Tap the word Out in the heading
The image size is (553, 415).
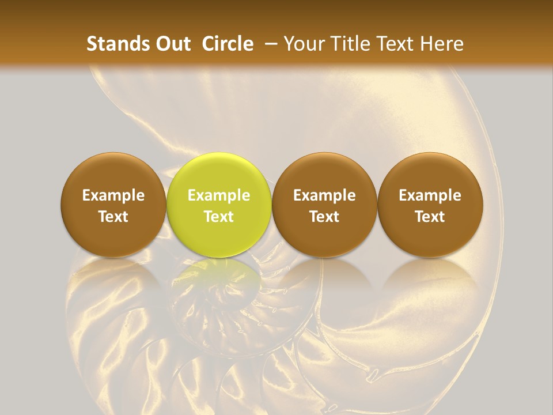pyautogui.click(x=171, y=44)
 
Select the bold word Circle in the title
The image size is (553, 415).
pyautogui.click(x=228, y=44)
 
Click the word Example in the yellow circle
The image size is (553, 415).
pyautogui.click(x=219, y=195)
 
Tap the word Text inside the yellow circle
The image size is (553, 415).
pyautogui.click(x=219, y=217)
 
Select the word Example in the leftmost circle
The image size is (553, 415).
pyautogui.click(x=113, y=195)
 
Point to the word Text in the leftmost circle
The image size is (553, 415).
pyautogui.click(x=113, y=217)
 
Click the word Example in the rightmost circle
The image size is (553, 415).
pyautogui.click(x=430, y=195)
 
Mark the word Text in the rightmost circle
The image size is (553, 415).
pyautogui.click(x=430, y=217)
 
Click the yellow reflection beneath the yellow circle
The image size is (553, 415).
pyautogui.click(x=219, y=277)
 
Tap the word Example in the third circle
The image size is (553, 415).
pyautogui.click(x=324, y=195)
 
